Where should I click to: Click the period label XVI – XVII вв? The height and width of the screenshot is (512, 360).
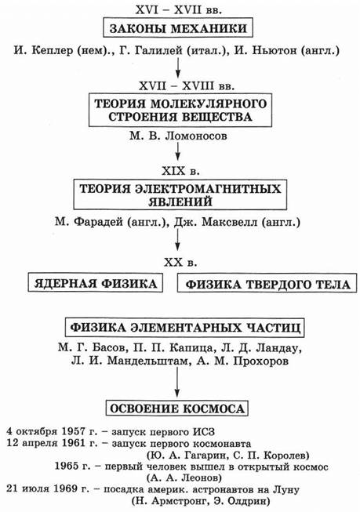(x=178, y=9)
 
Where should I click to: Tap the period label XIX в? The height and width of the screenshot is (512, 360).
(x=180, y=171)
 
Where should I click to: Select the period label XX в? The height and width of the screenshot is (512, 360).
(x=180, y=262)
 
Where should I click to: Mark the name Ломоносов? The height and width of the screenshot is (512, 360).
(x=196, y=136)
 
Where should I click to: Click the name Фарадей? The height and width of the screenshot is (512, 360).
(x=99, y=222)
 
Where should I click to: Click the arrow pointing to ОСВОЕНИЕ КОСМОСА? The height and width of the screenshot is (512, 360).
(x=177, y=383)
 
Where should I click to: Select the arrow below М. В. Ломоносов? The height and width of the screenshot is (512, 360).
(x=177, y=151)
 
